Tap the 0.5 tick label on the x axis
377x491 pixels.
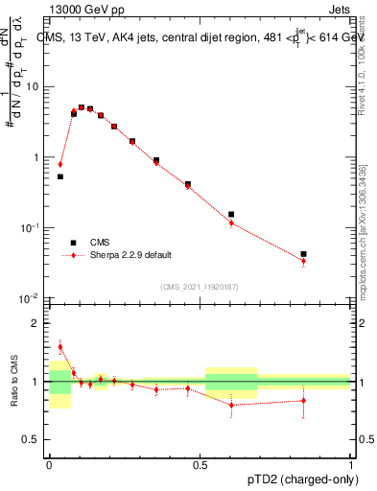[200, 462]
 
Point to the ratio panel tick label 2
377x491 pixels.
[35, 323]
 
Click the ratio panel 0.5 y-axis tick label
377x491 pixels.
[32, 441]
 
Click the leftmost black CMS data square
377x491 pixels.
[59, 176]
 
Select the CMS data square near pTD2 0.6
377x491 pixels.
[231, 215]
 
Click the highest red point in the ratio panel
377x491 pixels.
[59, 347]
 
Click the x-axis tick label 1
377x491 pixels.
[351, 462]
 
